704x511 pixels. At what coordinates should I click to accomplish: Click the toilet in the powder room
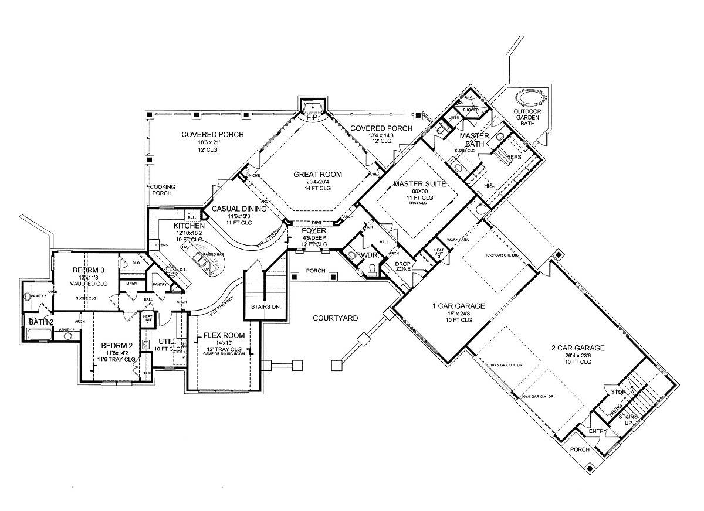point(371,268)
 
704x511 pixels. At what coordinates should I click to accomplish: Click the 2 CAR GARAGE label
point(578,348)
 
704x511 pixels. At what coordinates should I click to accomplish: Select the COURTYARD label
point(335,318)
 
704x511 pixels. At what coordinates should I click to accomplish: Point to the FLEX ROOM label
point(224,336)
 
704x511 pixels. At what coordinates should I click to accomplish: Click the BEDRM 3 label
point(89,270)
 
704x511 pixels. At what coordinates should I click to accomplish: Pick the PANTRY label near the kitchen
point(160,285)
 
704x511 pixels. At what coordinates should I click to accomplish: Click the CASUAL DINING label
point(239,209)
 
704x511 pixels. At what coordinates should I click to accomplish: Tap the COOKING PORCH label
point(161,190)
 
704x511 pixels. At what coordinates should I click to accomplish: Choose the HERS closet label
point(513,156)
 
